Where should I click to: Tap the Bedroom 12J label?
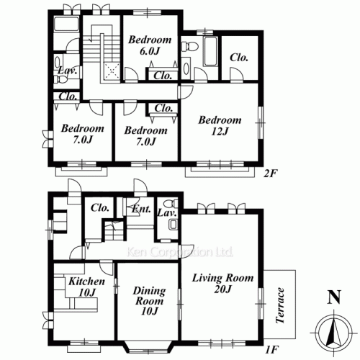pyautogui.click(x=220, y=126)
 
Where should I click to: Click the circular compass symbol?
pyautogui.click(x=332, y=333)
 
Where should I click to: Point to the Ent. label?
pyautogui.click(x=140, y=210)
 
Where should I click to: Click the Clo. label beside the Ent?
pyautogui.click(x=99, y=207)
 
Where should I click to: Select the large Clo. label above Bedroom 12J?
pyautogui.click(x=240, y=58)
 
